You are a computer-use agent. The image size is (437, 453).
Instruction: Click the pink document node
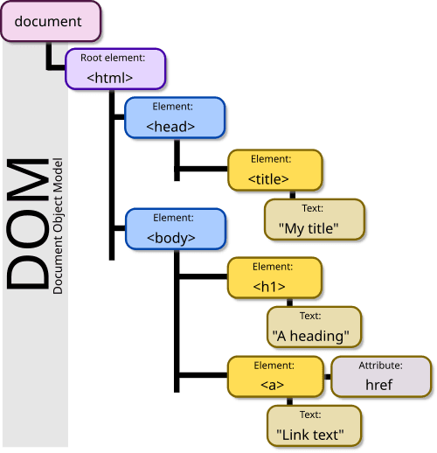pos(49,21)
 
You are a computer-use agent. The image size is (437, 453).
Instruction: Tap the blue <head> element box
pos(175,118)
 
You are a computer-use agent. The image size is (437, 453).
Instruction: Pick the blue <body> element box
pos(175,228)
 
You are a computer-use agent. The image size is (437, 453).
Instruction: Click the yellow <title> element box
pos(274,171)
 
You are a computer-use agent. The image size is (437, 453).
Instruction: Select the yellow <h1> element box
pos(274,277)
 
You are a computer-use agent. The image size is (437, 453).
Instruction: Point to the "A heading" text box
pos(314,327)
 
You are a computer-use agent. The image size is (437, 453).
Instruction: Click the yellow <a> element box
pos(274,376)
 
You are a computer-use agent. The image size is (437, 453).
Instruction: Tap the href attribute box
pos(381,376)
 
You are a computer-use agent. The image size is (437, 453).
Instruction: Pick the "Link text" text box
pos(314,425)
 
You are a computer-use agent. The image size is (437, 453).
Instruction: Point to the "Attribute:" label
pos(381,365)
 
